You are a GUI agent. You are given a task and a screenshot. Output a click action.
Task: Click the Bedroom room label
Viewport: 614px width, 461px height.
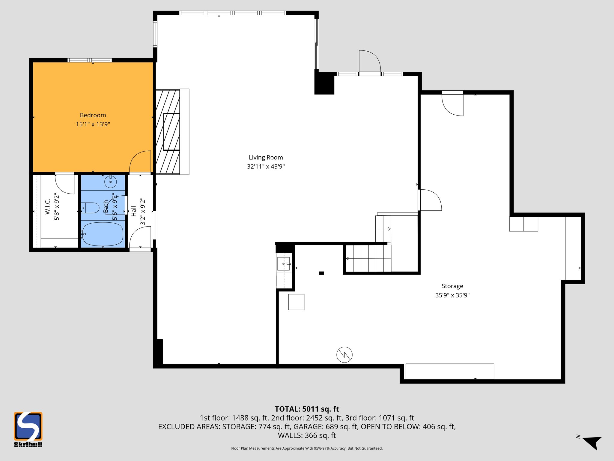pyautogui.click(x=93, y=115)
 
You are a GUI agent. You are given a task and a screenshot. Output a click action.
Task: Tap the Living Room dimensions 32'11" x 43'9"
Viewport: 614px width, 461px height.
pyautogui.click(x=266, y=167)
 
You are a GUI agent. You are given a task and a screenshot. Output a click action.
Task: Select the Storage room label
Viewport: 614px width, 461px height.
pyautogui.click(x=452, y=286)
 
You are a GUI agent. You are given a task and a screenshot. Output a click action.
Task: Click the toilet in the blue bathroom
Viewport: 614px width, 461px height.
pyautogui.click(x=91, y=208)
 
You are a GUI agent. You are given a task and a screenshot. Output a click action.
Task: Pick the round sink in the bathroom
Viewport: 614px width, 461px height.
pyautogui.click(x=110, y=182)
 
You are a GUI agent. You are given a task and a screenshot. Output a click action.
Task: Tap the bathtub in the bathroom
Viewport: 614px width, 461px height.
pyautogui.click(x=103, y=234)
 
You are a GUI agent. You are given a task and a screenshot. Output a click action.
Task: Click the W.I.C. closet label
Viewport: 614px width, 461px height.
pyautogui.click(x=47, y=207)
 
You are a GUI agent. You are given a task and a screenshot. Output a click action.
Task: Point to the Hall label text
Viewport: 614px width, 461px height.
pyautogui.click(x=134, y=211)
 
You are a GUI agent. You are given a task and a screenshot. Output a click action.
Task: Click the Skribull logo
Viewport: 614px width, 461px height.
pyautogui.click(x=28, y=429)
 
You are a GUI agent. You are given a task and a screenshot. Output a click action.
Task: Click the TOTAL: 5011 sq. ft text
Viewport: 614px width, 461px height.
pyautogui.click(x=307, y=409)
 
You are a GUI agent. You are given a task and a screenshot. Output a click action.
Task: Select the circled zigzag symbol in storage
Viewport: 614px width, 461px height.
pyautogui.click(x=344, y=355)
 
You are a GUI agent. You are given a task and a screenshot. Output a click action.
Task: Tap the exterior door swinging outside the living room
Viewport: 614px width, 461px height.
pyautogui.click(x=370, y=61)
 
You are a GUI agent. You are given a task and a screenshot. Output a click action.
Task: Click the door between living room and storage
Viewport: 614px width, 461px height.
pyautogui.click(x=430, y=200)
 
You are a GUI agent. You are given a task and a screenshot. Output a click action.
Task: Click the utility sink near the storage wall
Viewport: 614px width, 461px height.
pyautogui.click(x=283, y=264)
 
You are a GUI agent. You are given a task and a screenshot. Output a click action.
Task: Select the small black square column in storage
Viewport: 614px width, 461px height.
pyautogui.click(x=321, y=273)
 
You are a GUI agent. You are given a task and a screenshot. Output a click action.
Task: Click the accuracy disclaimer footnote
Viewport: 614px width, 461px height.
pyautogui.click(x=307, y=448)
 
